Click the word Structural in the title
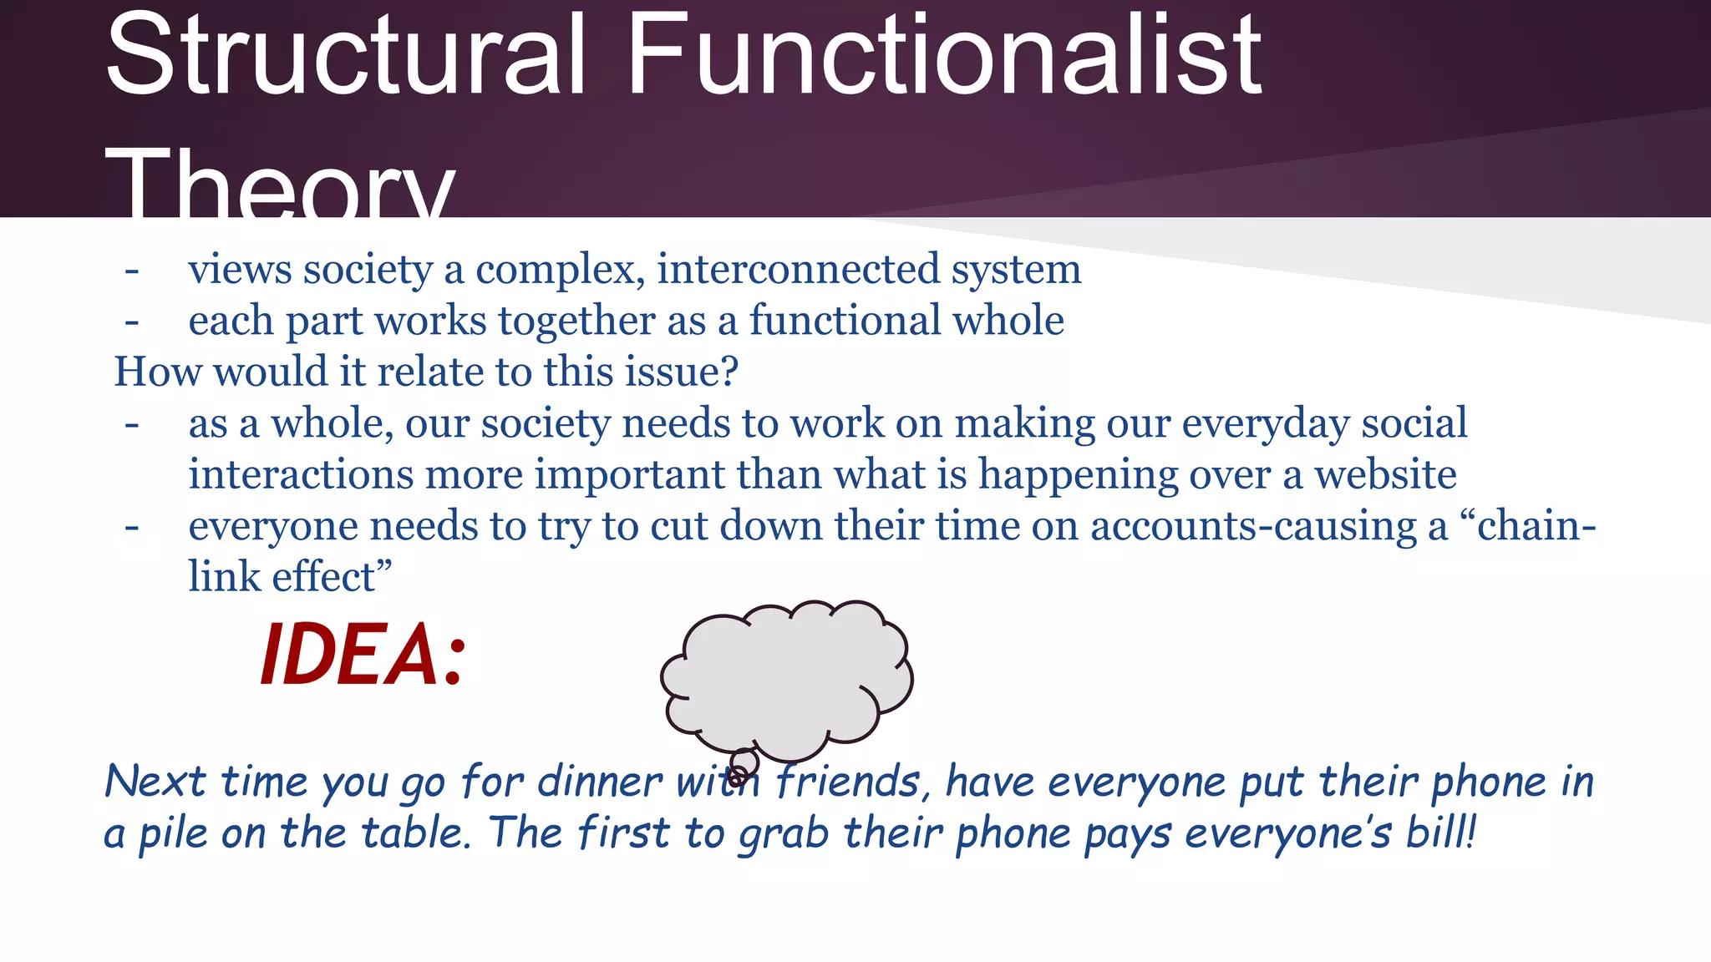pos(345,57)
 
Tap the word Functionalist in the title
pos(943,57)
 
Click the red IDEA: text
pos(363,656)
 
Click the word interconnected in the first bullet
pos(797,270)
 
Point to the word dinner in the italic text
pos(599,782)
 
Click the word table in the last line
pos(416,833)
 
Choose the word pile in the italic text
pos(172,833)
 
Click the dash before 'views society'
pos(131,271)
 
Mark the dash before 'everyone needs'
pos(131,529)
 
